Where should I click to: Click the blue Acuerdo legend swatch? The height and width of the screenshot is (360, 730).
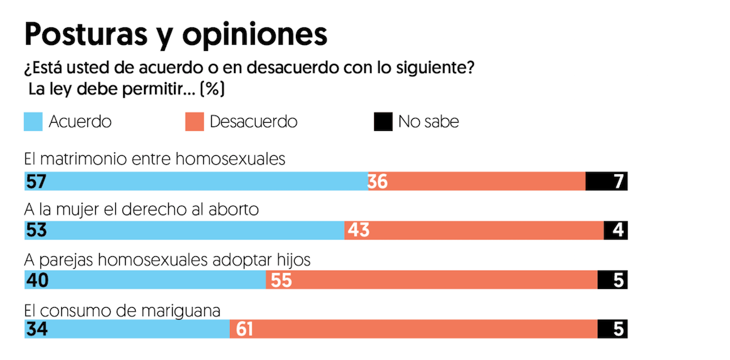[33, 122]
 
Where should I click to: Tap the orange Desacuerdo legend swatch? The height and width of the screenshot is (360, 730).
[194, 122]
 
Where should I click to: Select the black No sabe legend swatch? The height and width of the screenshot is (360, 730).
[383, 122]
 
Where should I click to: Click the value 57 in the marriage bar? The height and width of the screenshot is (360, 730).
[36, 181]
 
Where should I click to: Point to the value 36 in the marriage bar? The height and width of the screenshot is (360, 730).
[377, 181]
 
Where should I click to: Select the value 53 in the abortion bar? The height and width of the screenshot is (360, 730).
[36, 230]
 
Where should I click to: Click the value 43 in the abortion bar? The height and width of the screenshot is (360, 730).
[358, 230]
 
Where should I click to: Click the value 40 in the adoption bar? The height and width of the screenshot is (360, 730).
[36, 280]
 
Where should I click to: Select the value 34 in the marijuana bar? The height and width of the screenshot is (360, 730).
[36, 329]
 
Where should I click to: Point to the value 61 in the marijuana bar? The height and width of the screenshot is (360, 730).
[244, 329]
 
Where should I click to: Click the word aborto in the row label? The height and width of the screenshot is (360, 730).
[238, 210]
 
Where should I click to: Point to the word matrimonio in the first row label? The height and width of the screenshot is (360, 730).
[89, 160]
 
